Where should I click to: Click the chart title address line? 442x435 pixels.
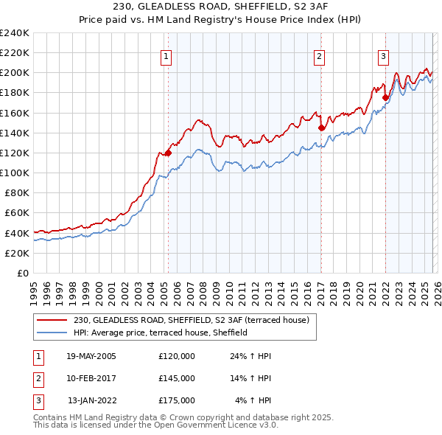pyautogui.click(x=221, y=7)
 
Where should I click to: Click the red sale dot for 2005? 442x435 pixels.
pyautogui.click(x=168, y=153)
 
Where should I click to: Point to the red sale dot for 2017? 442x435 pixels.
pyautogui.click(x=321, y=128)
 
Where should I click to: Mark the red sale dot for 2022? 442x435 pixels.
pyautogui.click(x=385, y=97)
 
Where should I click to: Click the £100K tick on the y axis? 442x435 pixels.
pyautogui.click(x=15, y=173)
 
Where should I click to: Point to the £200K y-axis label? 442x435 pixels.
pyautogui.click(x=15, y=73)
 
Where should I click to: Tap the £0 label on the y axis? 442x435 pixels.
pyautogui.click(x=22, y=273)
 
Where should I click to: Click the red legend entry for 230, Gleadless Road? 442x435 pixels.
pyautogui.click(x=195, y=320)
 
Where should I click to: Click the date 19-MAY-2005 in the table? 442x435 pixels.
pyautogui.click(x=91, y=355)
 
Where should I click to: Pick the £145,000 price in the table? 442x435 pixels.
pyautogui.click(x=177, y=378)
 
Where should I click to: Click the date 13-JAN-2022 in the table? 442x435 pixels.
pyautogui.click(x=93, y=400)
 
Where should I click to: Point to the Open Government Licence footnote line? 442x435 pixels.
pyautogui.click(x=156, y=425)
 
